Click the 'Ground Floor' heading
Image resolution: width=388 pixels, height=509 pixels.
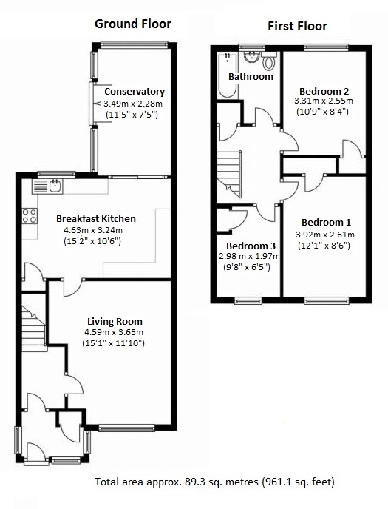click(132, 24)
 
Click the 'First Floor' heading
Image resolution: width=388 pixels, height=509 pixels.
click(296, 27)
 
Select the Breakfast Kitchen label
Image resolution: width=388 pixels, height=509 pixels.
click(95, 218)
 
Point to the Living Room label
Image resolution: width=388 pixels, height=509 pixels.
click(115, 321)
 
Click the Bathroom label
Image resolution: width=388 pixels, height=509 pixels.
click(251, 76)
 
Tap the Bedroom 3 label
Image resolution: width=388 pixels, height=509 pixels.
click(251, 246)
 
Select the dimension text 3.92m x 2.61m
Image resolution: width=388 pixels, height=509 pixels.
click(325, 235)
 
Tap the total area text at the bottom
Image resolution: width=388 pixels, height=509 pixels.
click(214, 482)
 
